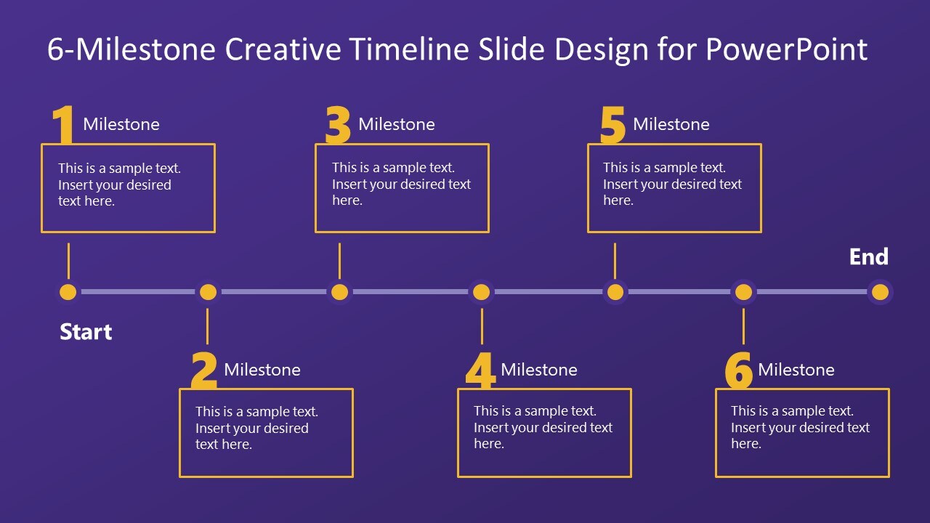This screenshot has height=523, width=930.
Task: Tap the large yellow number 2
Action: tap(204, 370)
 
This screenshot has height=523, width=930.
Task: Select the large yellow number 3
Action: tap(339, 125)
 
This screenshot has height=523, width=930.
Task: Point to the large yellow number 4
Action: tap(480, 370)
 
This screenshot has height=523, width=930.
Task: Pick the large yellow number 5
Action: tap(612, 125)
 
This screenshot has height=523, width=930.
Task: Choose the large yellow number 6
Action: tap(738, 370)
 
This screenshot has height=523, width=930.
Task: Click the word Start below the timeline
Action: tap(86, 332)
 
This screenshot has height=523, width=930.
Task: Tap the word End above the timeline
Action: tap(869, 257)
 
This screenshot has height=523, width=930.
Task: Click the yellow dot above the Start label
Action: tap(68, 292)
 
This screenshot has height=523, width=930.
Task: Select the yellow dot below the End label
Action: tap(880, 292)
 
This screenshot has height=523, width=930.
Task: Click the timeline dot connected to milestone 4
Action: tap(481, 292)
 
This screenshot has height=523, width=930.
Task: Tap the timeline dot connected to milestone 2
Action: tap(208, 292)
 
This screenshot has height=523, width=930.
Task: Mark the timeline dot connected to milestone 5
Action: tap(615, 292)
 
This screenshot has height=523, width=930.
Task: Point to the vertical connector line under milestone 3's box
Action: tap(339, 260)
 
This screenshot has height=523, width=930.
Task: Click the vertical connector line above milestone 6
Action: tap(743, 326)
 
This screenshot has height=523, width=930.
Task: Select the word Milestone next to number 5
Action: tap(671, 124)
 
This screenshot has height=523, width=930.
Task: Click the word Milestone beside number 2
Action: tap(262, 370)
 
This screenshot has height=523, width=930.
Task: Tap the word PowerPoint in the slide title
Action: tap(786, 49)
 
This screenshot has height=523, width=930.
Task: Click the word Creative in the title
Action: tap(283, 49)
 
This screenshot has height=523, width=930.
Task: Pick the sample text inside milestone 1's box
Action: tap(119, 185)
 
